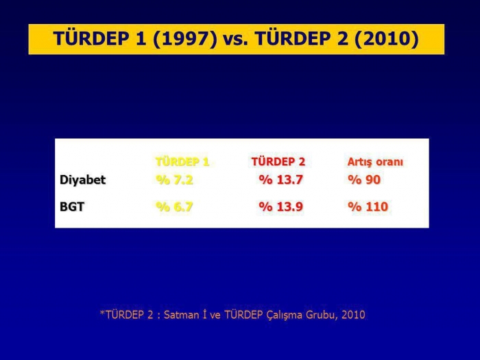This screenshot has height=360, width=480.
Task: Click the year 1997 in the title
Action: point(184,39)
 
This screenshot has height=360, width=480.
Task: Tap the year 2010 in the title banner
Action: point(387,39)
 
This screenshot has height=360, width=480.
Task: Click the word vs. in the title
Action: point(235,40)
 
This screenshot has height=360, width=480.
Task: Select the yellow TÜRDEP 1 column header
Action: point(182,162)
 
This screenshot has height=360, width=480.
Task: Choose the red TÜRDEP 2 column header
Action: point(278,162)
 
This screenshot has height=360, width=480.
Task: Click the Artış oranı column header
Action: point(375,162)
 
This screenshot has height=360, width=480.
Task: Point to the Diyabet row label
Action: point(83,180)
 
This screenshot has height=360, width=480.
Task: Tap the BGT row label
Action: point(72,206)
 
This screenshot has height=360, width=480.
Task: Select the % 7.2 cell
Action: point(174,180)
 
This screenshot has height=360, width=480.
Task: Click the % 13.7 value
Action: point(280,180)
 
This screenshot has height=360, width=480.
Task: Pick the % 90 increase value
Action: point(364,180)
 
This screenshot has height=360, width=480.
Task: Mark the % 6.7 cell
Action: point(174,207)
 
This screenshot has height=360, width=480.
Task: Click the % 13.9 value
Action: point(280,207)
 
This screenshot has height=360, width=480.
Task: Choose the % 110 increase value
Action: point(368,207)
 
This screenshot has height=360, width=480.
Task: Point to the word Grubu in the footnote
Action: point(322,315)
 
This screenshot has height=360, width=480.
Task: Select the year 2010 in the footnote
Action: point(353,315)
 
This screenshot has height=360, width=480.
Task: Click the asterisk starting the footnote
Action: point(102,313)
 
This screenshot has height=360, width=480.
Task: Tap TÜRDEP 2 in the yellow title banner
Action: point(302,39)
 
